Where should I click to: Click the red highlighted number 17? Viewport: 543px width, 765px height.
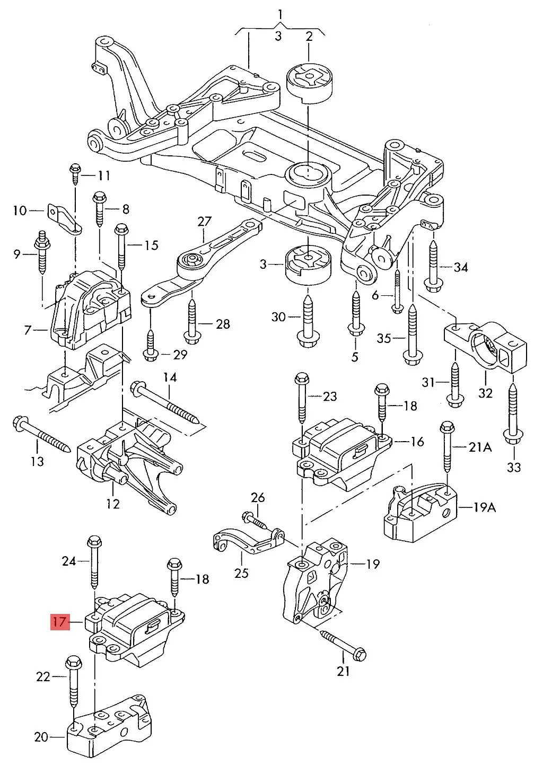(x=60, y=621)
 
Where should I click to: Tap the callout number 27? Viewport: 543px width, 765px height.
(x=204, y=222)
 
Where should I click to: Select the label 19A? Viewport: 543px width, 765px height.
(x=484, y=507)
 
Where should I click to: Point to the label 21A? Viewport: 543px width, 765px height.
(x=480, y=447)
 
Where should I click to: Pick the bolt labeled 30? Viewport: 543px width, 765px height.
(x=307, y=320)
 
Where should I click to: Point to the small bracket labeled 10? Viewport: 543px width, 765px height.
(x=65, y=218)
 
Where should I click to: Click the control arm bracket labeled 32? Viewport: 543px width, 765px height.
(x=486, y=347)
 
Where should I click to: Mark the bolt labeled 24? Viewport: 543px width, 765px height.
(x=94, y=561)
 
